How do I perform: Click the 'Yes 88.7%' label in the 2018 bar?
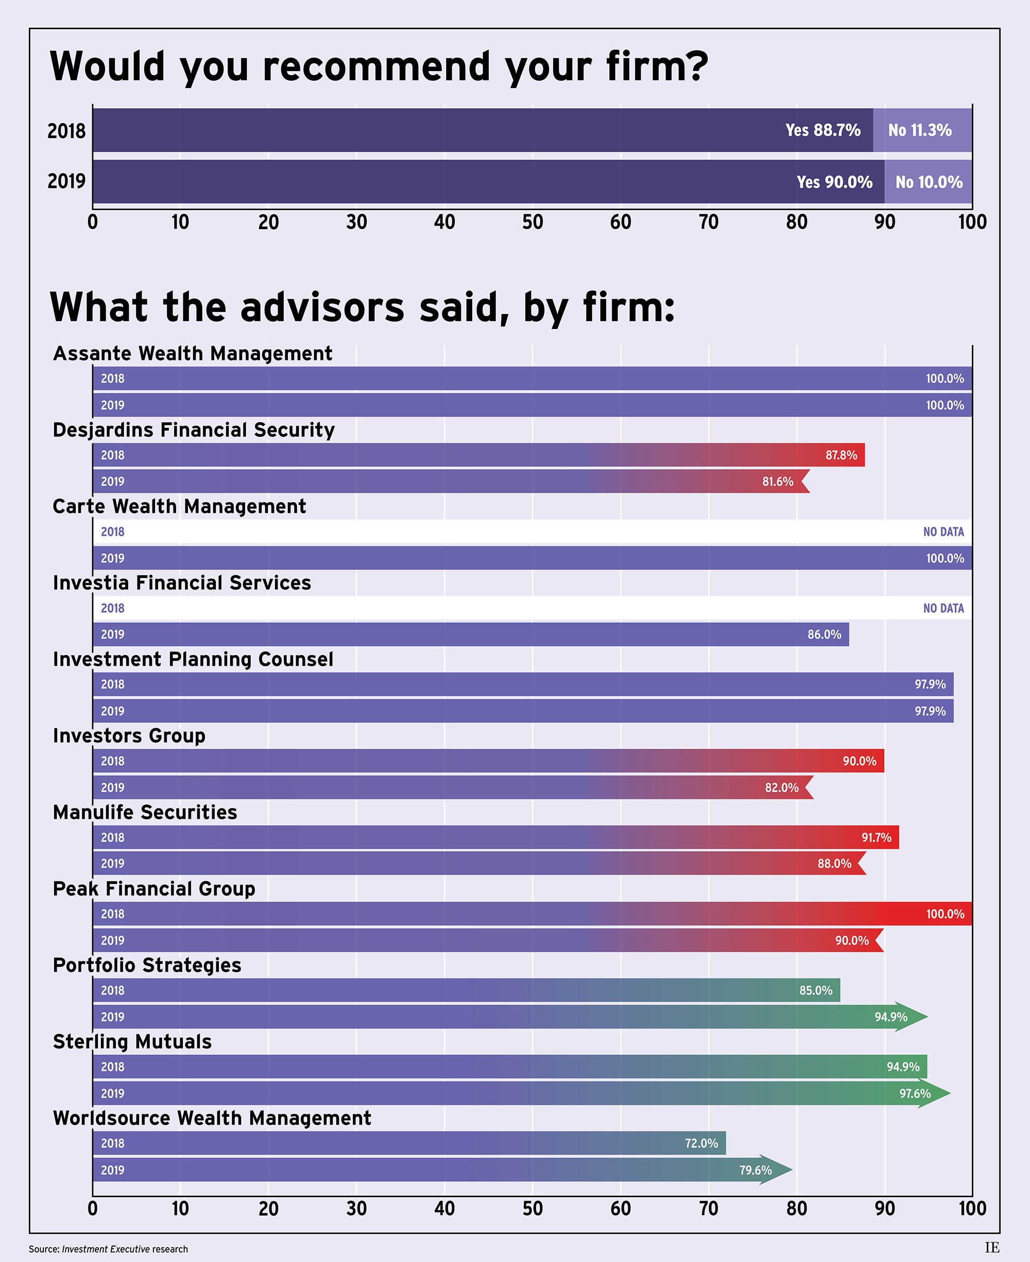[x=822, y=130]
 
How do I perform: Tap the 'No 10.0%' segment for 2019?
[x=929, y=182]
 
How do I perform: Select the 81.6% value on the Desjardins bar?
[x=777, y=481]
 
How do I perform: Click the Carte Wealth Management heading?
[x=179, y=507]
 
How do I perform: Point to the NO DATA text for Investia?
[x=943, y=608]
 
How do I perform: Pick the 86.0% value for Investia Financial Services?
[x=824, y=634]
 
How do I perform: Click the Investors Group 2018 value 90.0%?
[x=859, y=761]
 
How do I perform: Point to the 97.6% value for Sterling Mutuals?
[x=914, y=1093]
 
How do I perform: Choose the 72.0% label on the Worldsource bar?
[x=701, y=1143]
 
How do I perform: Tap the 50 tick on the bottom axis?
[x=532, y=1208]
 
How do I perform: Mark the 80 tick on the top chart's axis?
[x=796, y=222]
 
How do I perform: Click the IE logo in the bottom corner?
[x=992, y=1247]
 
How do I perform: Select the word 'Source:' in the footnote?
[x=44, y=1249]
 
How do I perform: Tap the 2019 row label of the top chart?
[x=66, y=181]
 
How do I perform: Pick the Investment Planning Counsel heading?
[x=193, y=660]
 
